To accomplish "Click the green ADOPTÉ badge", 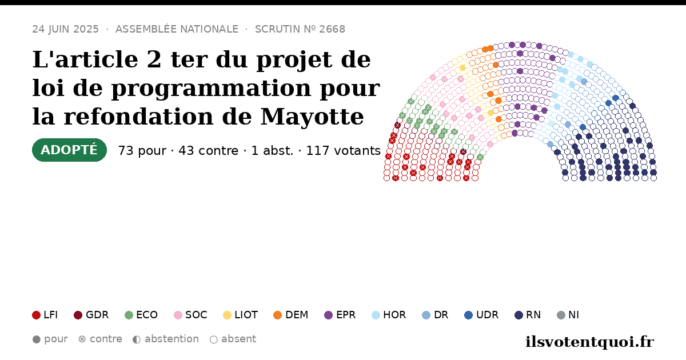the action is tap(69, 150).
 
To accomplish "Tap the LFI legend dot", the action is tap(36, 315).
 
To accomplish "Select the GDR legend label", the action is tap(97, 315).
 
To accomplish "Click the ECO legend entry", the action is tap(141, 315).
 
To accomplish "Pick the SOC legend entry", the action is tap(190, 315).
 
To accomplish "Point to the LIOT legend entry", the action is tap(241, 315).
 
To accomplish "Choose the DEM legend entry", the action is tap(290, 315).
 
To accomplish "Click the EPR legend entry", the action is tap(340, 315).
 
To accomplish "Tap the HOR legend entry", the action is tap(389, 315).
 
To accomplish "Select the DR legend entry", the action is tap(435, 315).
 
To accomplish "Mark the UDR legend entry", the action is tap(481, 315).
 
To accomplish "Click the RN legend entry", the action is tap(528, 315).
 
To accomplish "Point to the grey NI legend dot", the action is tap(561, 315).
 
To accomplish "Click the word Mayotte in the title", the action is tap(312, 117).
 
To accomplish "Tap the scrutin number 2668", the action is tap(332, 29).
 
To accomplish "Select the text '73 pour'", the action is tap(142, 151).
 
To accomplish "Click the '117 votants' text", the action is tap(344, 151).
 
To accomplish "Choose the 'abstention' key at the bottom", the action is tap(166, 339).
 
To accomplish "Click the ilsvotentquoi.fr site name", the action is tap(589, 342).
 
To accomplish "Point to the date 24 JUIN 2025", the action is tap(66, 29).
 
